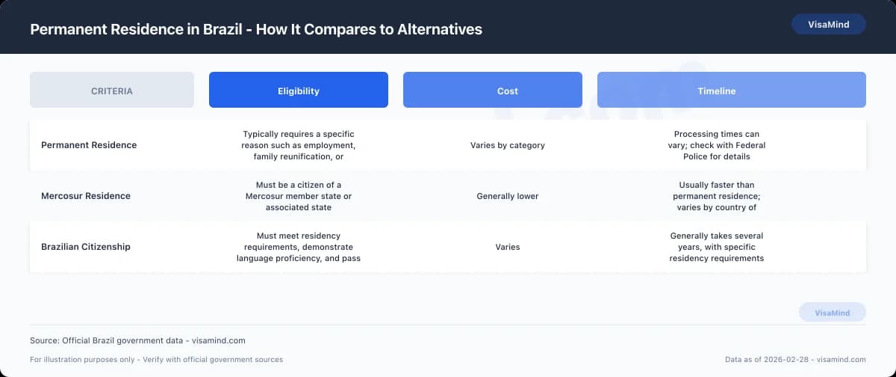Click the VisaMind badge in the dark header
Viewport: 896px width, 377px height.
pos(828,25)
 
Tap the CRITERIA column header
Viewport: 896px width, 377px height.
pos(112,91)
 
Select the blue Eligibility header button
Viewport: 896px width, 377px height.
pos(298,91)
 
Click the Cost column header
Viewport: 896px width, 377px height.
pos(507,91)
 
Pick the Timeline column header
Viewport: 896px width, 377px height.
pos(716,91)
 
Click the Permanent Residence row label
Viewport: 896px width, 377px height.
pos(89,145)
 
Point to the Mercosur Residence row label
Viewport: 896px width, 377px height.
pos(86,196)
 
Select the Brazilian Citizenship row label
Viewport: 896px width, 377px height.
pos(86,247)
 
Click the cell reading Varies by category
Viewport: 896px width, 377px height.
pos(507,145)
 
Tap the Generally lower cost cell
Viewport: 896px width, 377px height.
pos(507,196)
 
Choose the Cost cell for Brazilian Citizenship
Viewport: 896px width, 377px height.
pos(507,247)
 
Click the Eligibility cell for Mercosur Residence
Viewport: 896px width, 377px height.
pos(298,196)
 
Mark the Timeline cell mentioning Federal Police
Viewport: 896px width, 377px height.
pos(716,145)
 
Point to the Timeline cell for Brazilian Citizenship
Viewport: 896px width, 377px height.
pos(716,247)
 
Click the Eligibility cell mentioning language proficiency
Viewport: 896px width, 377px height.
pos(298,247)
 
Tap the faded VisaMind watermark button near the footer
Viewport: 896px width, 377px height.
pos(832,313)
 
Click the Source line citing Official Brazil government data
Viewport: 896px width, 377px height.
pos(137,340)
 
